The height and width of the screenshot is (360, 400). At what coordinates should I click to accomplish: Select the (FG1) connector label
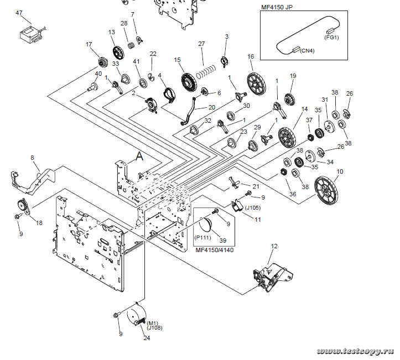(333, 38)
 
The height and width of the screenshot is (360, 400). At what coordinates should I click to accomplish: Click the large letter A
(139, 156)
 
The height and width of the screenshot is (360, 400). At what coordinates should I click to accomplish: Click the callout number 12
(274, 246)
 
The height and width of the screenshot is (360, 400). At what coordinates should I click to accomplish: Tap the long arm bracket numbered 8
(33, 176)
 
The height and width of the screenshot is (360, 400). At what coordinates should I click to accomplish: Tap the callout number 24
(147, 338)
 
